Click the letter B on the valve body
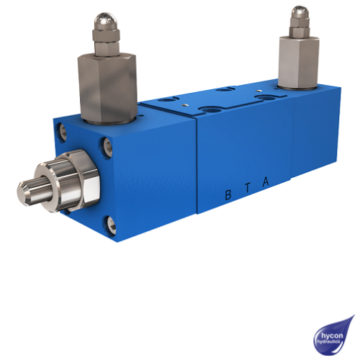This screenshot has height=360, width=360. point(228,194)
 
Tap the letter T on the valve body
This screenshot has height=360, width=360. point(247,188)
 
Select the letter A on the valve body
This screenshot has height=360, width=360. point(266,182)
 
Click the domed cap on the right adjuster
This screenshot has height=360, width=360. point(299,14)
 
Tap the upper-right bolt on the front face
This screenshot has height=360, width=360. point(108,146)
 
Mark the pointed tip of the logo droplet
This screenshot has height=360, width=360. point(353,316)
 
